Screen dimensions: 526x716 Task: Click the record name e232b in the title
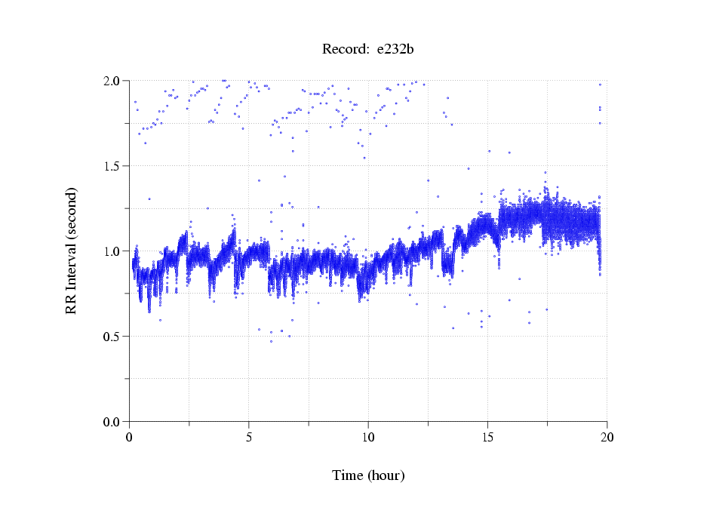pos(395,50)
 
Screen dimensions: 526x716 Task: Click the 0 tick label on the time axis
pos(130,437)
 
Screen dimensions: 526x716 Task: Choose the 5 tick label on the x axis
pos(249,437)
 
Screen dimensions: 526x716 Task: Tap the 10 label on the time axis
pos(368,437)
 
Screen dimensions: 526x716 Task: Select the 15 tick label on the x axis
pos(487,437)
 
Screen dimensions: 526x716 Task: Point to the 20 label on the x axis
pos(607,437)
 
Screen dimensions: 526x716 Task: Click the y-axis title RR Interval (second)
pos(72,251)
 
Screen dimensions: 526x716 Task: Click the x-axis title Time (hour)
pos(368,476)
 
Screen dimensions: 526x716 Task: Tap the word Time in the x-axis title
pos(348,476)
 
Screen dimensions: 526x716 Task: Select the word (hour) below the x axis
pos(386,476)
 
